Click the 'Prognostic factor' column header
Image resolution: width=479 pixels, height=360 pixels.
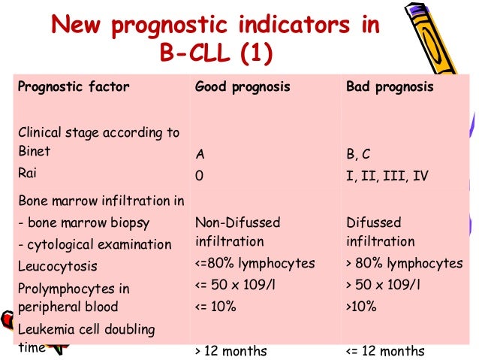coord(73,86)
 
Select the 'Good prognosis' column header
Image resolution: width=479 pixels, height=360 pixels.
coord(243,86)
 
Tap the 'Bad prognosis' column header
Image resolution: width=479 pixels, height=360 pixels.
coord(390,86)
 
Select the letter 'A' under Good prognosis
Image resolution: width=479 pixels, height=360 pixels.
coord(200,155)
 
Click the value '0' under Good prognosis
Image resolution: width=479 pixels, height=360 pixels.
coord(199,176)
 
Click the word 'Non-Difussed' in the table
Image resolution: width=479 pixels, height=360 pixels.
coord(237,222)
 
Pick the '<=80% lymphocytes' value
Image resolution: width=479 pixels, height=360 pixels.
coord(255,264)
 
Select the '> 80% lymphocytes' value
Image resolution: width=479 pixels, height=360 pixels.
coord(405,264)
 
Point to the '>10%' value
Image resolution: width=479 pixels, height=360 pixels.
coord(362,307)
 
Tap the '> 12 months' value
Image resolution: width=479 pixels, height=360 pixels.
coord(230,350)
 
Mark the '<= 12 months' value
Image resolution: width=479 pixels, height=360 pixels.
coord(385,350)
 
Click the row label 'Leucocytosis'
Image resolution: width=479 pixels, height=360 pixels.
coord(58,266)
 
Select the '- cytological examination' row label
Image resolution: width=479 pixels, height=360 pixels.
coord(95,244)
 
